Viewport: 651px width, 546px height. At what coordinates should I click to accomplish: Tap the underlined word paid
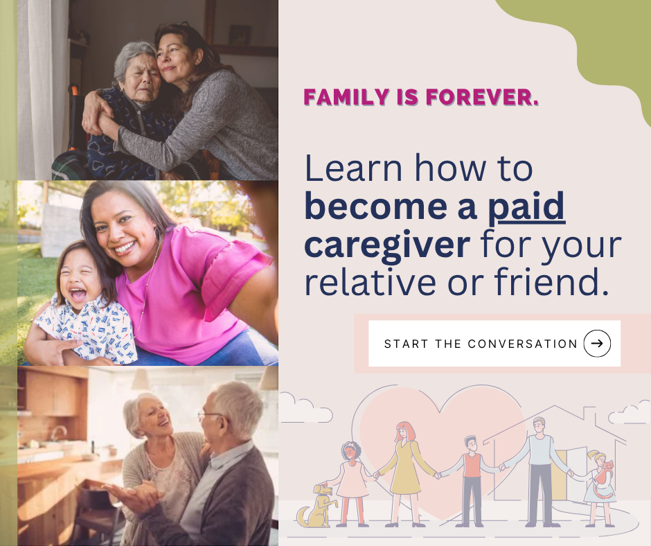(x=526, y=207)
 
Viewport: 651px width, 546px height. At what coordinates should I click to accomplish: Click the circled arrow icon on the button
(x=597, y=343)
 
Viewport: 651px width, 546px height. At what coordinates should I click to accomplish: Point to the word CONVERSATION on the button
(x=523, y=344)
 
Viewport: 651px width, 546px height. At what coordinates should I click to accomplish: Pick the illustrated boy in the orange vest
(x=472, y=478)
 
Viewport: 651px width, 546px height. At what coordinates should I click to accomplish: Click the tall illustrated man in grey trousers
(x=539, y=471)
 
